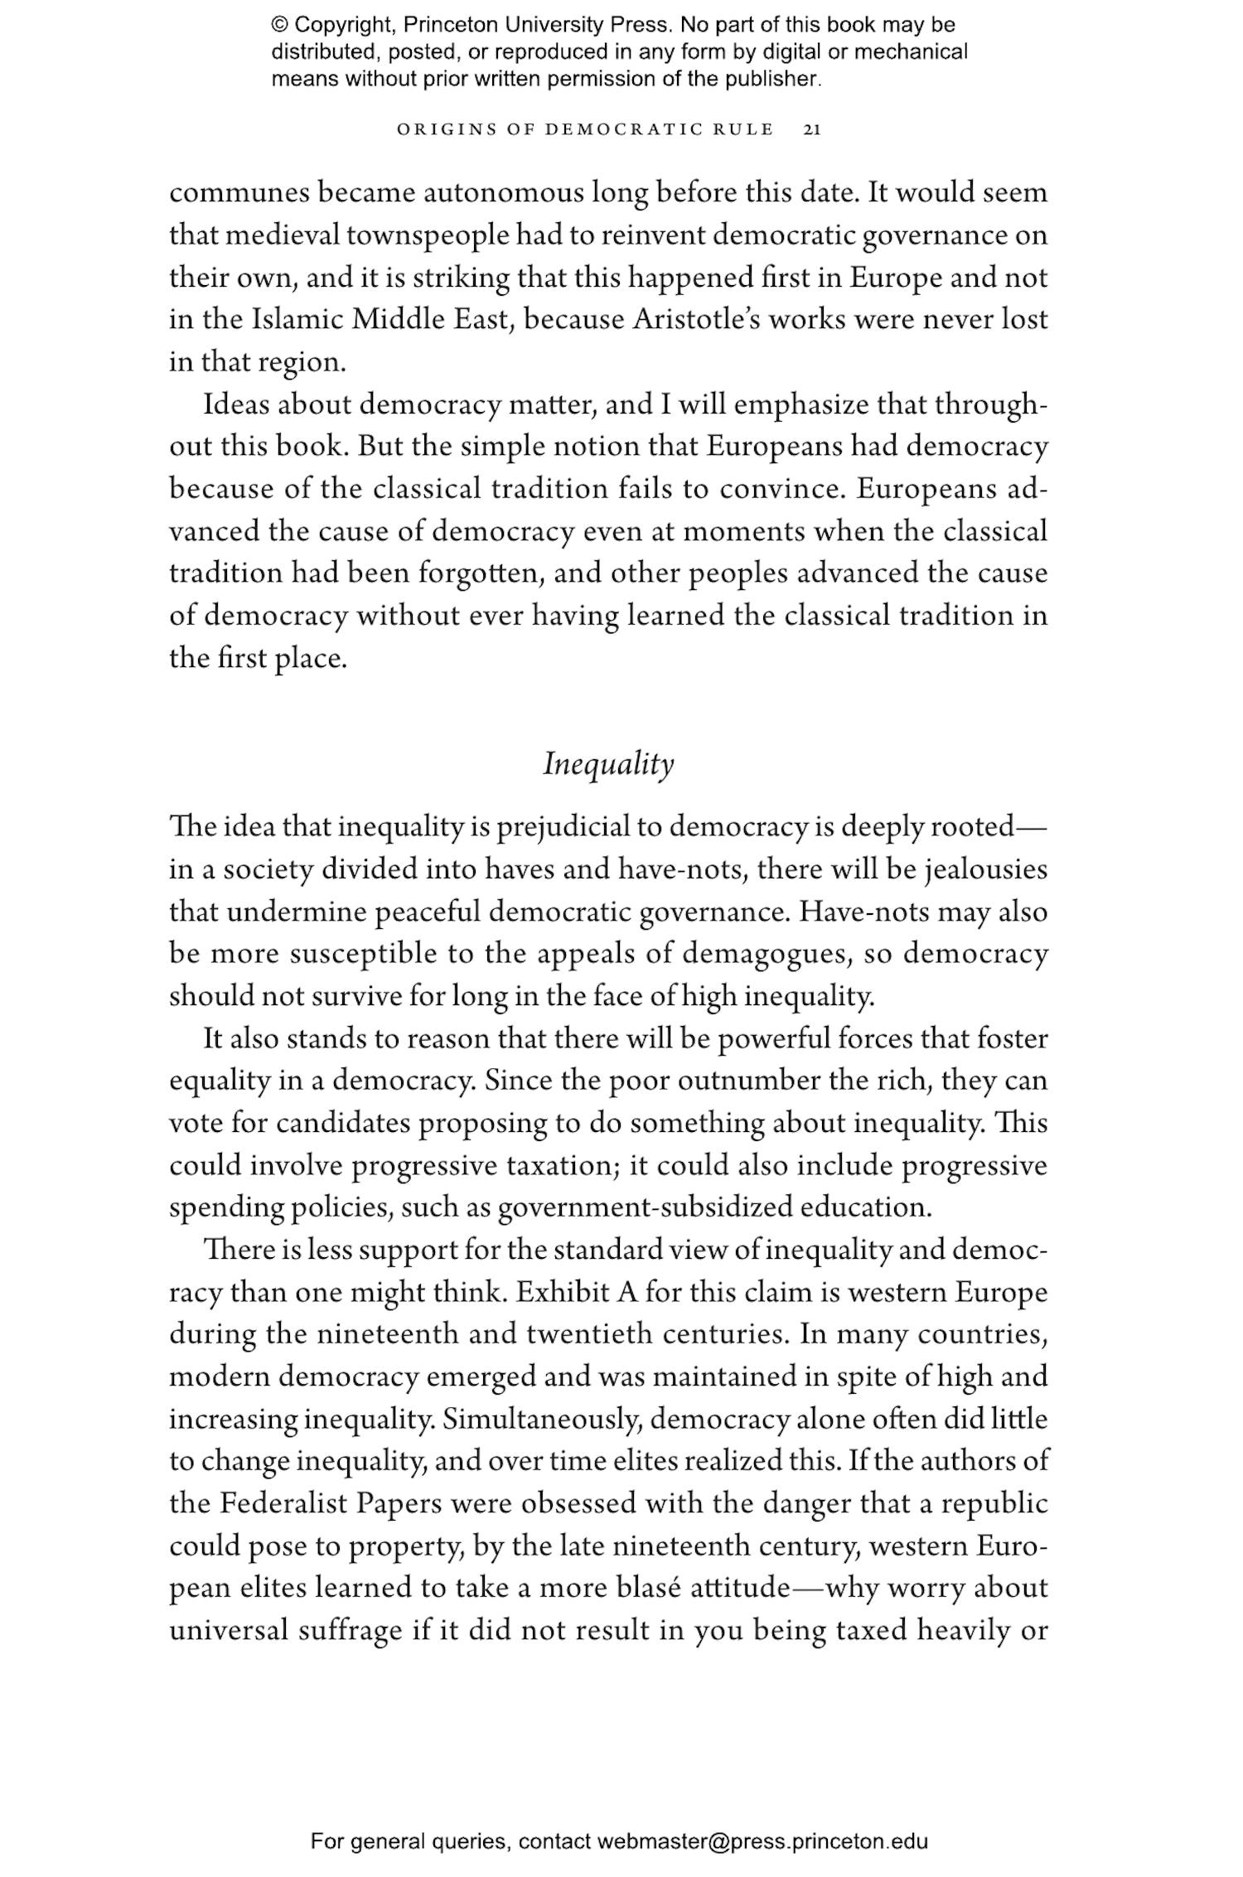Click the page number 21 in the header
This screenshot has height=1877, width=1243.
[811, 129]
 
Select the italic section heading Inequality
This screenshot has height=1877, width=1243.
[608, 764]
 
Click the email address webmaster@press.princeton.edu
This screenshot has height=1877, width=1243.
[762, 1841]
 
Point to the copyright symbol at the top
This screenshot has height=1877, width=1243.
[279, 25]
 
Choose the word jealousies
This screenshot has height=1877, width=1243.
[985, 869]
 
